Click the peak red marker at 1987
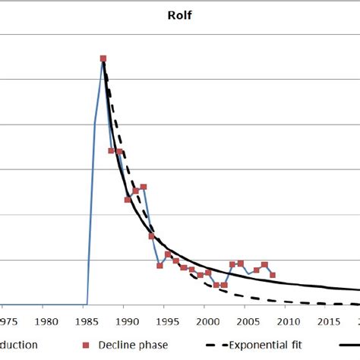[x=103, y=58]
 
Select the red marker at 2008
[x=273, y=274]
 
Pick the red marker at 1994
[x=159, y=264]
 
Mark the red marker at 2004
[x=241, y=264]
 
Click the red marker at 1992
[x=144, y=186]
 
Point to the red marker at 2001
[x=216, y=285]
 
